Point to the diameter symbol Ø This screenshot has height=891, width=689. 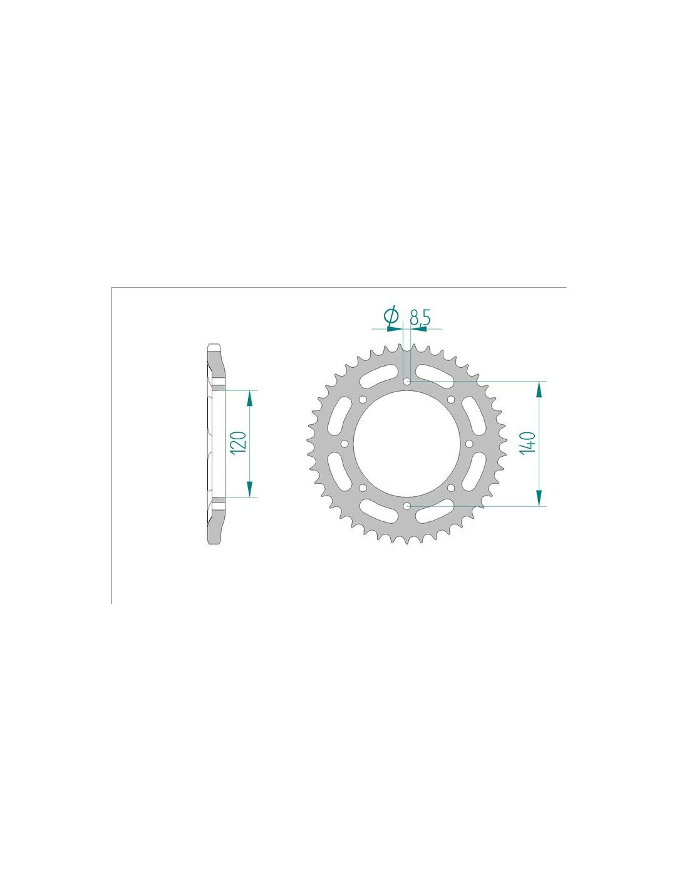[x=391, y=316]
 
